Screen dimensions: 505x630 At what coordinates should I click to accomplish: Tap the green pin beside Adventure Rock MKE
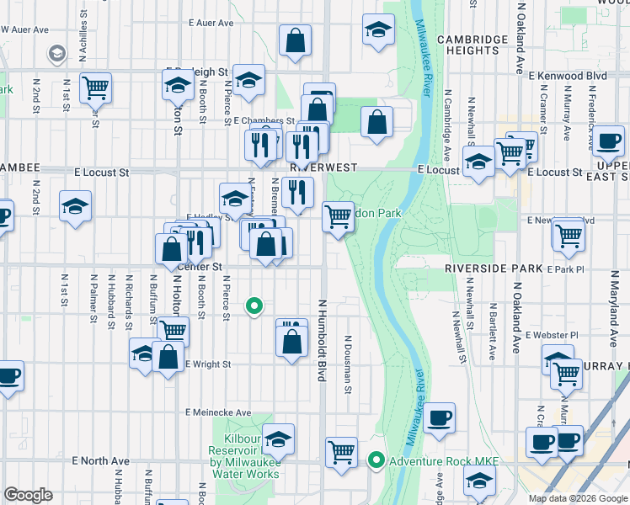(376, 460)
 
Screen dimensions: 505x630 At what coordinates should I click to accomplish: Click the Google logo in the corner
(28, 495)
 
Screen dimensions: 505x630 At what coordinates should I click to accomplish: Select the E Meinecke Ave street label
(219, 412)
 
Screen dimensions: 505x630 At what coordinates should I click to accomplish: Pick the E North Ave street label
(101, 461)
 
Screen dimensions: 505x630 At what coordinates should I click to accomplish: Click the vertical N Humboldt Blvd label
(322, 339)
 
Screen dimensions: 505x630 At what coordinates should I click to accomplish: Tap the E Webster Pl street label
(551, 335)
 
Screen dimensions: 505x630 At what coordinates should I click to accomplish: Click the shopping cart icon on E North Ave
(341, 452)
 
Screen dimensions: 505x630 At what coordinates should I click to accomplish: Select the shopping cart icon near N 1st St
(95, 86)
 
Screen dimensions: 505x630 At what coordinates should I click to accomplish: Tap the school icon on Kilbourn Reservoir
(278, 439)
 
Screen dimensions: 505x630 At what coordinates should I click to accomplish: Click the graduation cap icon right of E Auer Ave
(378, 29)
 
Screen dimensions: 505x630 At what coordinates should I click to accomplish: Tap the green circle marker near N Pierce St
(254, 306)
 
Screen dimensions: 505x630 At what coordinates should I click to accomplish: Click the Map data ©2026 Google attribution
(577, 498)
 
